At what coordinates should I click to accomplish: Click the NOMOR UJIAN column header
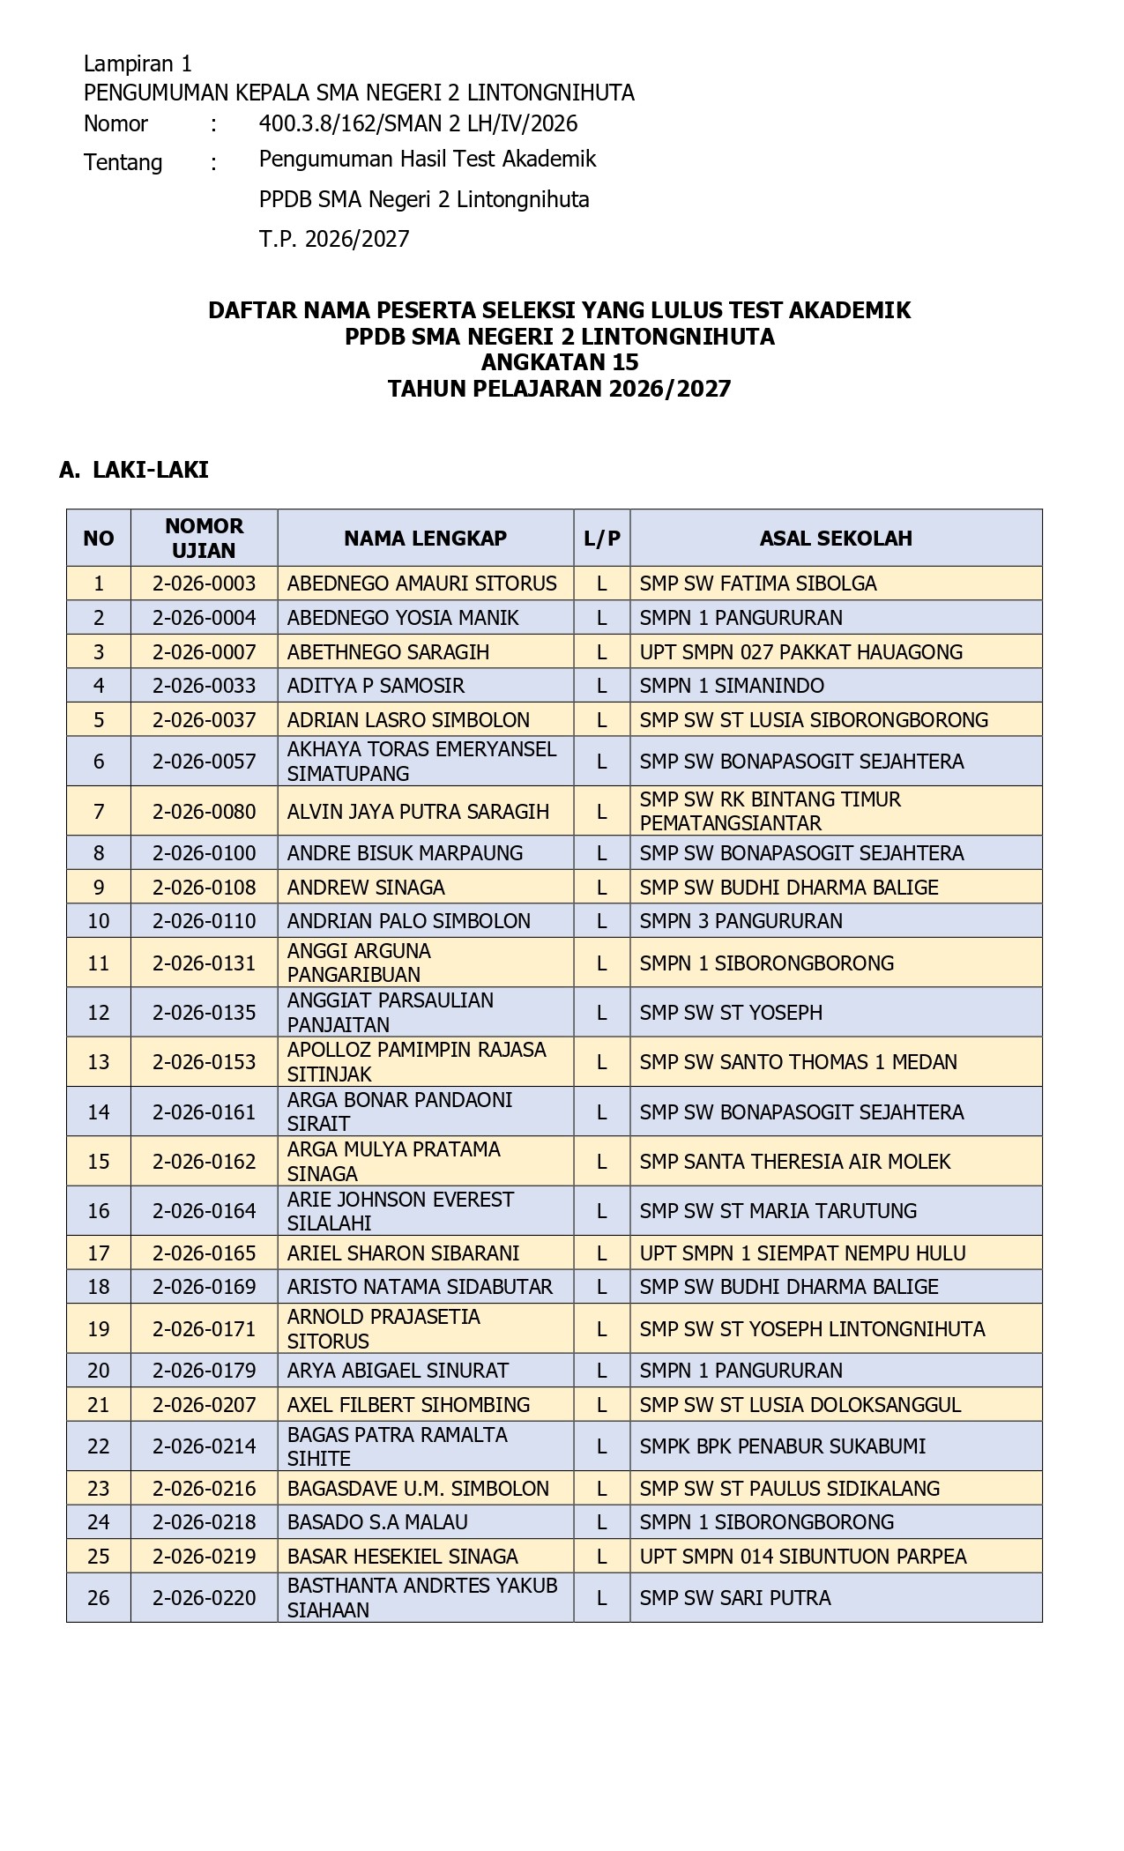click(204, 538)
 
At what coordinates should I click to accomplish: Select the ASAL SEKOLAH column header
click(836, 539)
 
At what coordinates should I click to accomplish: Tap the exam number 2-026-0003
click(204, 584)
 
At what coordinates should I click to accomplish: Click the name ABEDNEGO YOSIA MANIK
click(403, 618)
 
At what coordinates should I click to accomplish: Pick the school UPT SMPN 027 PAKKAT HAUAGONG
click(800, 652)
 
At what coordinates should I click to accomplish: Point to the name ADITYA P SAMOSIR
click(376, 686)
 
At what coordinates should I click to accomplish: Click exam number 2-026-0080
click(204, 812)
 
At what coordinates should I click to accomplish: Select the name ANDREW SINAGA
click(366, 888)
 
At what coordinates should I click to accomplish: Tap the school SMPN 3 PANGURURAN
click(741, 921)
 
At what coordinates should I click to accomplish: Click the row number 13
click(99, 1062)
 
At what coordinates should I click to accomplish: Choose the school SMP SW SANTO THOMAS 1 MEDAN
click(798, 1062)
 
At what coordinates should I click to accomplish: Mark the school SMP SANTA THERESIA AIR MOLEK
click(794, 1162)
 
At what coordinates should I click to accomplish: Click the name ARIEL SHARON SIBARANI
click(403, 1253)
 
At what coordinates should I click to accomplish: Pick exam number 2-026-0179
click(204, 1371)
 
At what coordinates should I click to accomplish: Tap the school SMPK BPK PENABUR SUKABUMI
click(782, 1446)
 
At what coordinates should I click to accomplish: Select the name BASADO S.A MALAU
click(377, 1522)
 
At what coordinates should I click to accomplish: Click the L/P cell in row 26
click(602, 1598)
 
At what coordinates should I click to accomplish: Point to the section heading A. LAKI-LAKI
click(134, 470)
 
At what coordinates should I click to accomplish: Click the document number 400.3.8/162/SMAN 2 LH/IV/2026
click(418, 123)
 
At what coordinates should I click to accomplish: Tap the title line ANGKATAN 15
click(560, 362)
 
